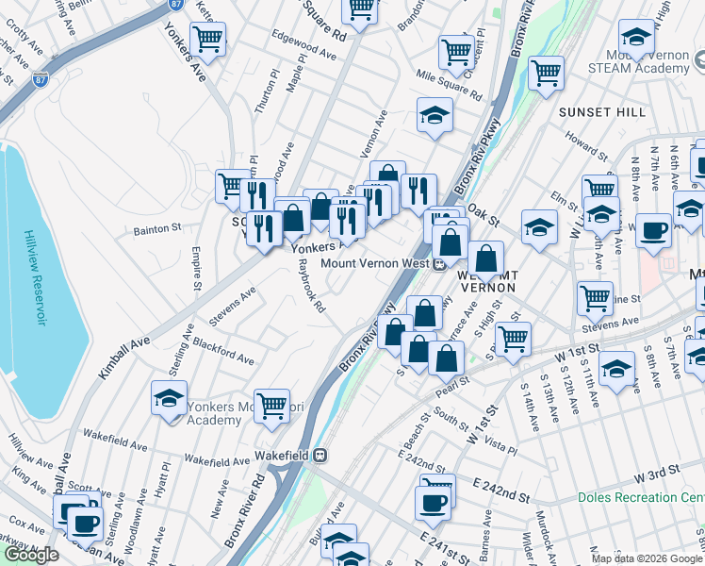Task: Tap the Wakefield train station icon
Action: [320, 455]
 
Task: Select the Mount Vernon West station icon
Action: [439, 264]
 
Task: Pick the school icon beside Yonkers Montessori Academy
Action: [169, 398]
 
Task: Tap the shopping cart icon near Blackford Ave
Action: [271, 405]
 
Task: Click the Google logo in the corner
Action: [31, 555]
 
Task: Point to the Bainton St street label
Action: [157, 228]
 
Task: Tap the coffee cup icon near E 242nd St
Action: [434, 501]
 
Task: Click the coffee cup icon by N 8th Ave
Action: [652, 230]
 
